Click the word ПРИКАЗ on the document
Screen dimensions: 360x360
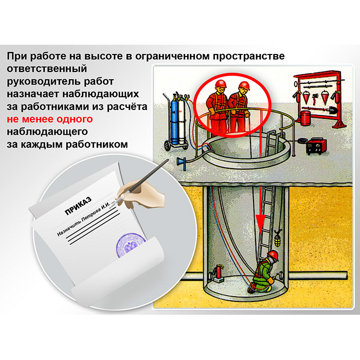tap(78, 206)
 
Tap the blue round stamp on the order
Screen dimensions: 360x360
tap(130, 245)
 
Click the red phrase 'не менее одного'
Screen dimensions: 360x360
tap(50, 119)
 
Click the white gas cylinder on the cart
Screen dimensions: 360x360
tap(182, 120)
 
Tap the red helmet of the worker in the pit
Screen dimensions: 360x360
tap(273, 255)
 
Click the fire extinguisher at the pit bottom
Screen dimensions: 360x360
tap(218, 273)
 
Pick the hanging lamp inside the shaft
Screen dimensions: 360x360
tap(278, 240)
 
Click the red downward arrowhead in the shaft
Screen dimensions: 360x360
tap(260, 223)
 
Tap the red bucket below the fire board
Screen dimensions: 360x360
tap(305, 118)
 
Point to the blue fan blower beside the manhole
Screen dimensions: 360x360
tap(181, 161)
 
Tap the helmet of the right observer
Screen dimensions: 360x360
tap(244, 85)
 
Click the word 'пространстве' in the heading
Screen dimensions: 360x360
tap(248, 56)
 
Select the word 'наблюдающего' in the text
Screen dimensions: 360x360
tap(47, 132)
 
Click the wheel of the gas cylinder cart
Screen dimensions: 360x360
tap(167, 146)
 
